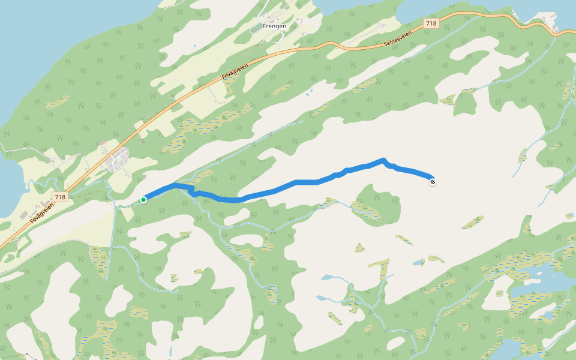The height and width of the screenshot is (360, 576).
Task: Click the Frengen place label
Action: tap(274, 26)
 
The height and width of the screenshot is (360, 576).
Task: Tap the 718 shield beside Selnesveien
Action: tap(431, 23)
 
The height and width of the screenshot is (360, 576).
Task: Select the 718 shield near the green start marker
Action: tap(59, 197)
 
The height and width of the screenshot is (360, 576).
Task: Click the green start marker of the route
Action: tap(143, 199)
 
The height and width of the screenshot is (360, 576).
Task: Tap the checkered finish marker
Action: tap(433, 182)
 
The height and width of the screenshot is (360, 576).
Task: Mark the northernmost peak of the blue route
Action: tap(383, 160)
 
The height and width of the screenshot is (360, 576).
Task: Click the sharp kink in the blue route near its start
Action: tap(191, 190)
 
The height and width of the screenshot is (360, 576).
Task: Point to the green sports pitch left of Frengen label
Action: tap(257, 28)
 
